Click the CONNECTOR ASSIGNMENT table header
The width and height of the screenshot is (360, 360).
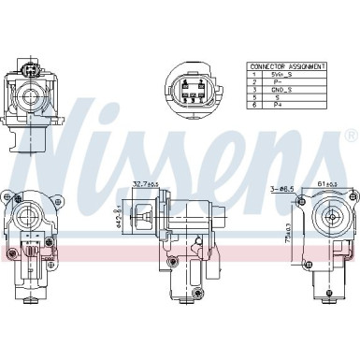(288, 67)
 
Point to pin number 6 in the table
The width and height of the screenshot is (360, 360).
(253, 105)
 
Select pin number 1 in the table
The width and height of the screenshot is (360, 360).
(253, 75)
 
